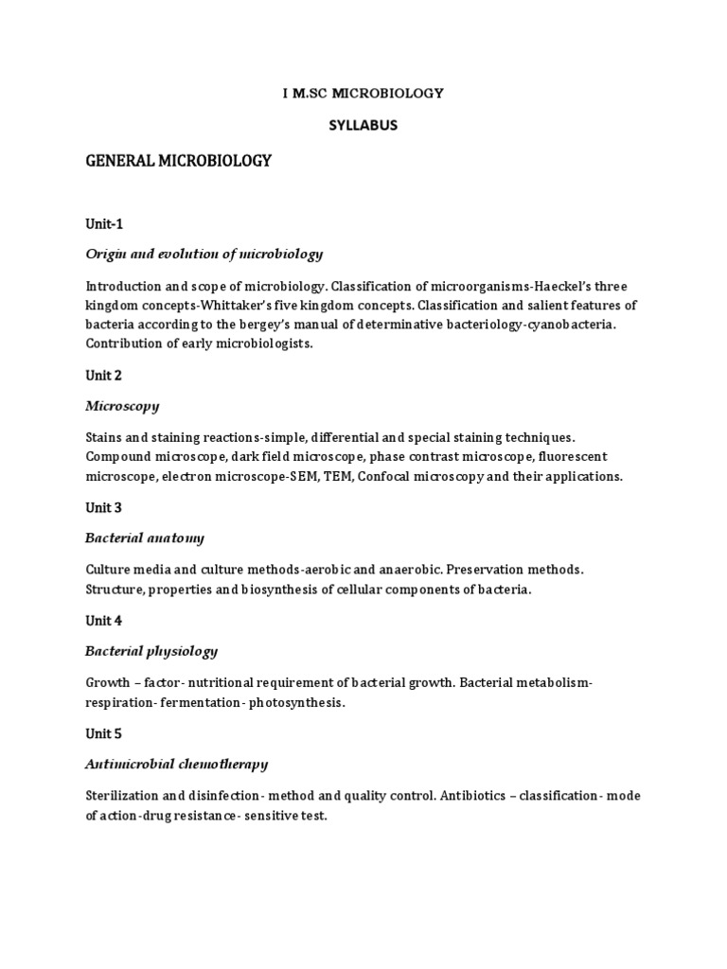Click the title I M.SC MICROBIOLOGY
click(x=363, y=93)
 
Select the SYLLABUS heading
click(x=363, y=125)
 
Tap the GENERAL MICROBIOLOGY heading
click(x=179, y=161)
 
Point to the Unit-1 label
click(x=104, y=224)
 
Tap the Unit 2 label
click(x=103, y=375)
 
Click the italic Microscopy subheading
click(x=122, y=406)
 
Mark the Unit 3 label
click(x=103, y=507)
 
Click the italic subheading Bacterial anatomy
click(x=144, y=538)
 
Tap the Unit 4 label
click(x=103, y=621)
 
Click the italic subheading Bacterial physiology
click(x=151, y=651)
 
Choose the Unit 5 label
click(x=103, y=733)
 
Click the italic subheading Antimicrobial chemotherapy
click(x=176, y=764)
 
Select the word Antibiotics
click(x=478, y=796)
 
